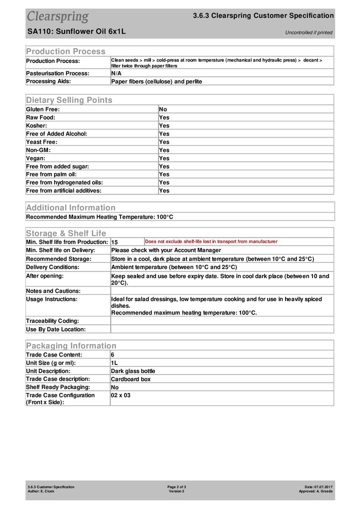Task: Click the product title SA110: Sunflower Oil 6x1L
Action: point(76,31)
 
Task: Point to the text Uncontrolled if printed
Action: point(308,32)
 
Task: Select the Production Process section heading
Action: point(65,51)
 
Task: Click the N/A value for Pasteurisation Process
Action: point(116,73)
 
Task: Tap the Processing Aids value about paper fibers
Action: point(156,81)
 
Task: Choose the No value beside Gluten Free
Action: point(163,109)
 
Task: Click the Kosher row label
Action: point(36,125)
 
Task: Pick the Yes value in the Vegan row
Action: point(164,158)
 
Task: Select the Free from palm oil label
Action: point(51,174)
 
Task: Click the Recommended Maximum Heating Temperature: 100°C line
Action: point(99,217)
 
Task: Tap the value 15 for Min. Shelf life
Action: point(114,242)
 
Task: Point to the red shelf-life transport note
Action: point(211,241)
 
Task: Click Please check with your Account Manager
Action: point(166,250)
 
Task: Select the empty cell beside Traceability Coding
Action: point(221,320)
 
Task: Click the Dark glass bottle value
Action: point(133,371)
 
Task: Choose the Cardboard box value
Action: point(130,379)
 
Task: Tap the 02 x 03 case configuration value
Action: point(120,395)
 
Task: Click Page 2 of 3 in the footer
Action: point(176,486)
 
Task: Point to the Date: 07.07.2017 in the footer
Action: point(318,486)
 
